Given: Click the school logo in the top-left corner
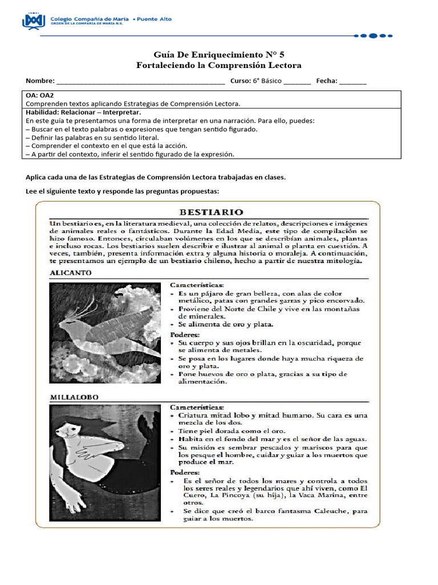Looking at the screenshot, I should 33,21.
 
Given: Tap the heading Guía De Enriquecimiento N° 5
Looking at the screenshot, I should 219,55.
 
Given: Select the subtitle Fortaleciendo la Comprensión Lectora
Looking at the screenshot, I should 219,66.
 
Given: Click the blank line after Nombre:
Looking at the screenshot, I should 140,81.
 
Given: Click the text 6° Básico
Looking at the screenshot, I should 267,81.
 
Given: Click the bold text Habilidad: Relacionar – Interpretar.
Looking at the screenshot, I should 83,113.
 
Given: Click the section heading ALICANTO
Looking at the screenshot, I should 71,273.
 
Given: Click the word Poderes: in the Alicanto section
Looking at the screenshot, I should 185,334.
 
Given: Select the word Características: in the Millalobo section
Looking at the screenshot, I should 197,407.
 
